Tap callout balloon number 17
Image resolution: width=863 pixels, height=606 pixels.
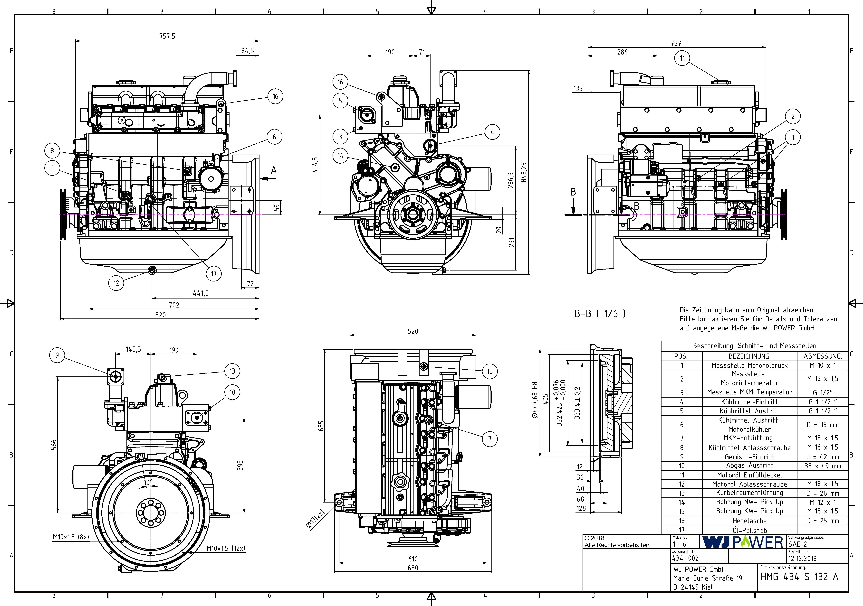tap(213, 273)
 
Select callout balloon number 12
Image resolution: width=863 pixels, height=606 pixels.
tap(116, 283)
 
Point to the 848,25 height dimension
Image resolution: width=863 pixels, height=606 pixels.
tap(524, 172)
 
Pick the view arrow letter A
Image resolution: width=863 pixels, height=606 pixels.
tap(274, 170)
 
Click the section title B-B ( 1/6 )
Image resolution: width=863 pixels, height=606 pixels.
tap(600, 314)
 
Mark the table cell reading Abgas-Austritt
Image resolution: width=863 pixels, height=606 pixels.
tap(749, 466)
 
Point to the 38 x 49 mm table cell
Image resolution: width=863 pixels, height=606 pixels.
tap(822, 466)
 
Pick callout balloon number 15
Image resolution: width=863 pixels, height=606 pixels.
tap(490, 371)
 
